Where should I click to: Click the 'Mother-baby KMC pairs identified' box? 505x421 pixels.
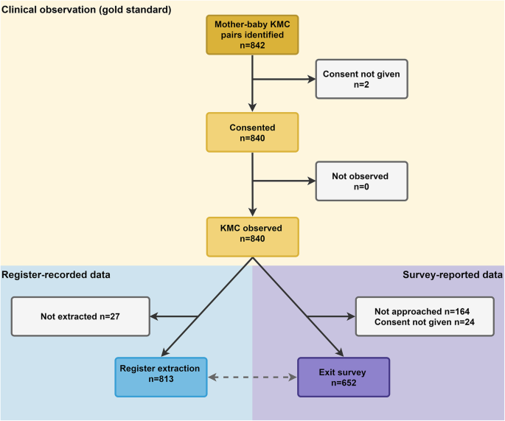252,35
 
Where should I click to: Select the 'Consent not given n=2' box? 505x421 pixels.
361,79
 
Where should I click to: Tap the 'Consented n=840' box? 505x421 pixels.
252,132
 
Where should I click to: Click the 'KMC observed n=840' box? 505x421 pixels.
252,235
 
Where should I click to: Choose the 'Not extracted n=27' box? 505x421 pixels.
80,316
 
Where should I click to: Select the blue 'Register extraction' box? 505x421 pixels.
161,376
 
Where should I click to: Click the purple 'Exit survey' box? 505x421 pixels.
343,376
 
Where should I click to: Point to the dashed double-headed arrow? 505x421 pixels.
251,377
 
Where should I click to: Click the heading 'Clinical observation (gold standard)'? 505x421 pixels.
87,10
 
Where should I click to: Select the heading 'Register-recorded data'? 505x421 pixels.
56,275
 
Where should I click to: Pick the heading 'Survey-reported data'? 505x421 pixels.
453,275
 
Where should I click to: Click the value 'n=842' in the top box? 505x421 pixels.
252,44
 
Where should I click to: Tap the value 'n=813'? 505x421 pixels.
161,383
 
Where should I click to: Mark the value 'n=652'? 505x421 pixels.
343,383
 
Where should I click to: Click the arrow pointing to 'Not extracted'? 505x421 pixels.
173,316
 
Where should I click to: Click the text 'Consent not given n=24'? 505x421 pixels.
422,322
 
